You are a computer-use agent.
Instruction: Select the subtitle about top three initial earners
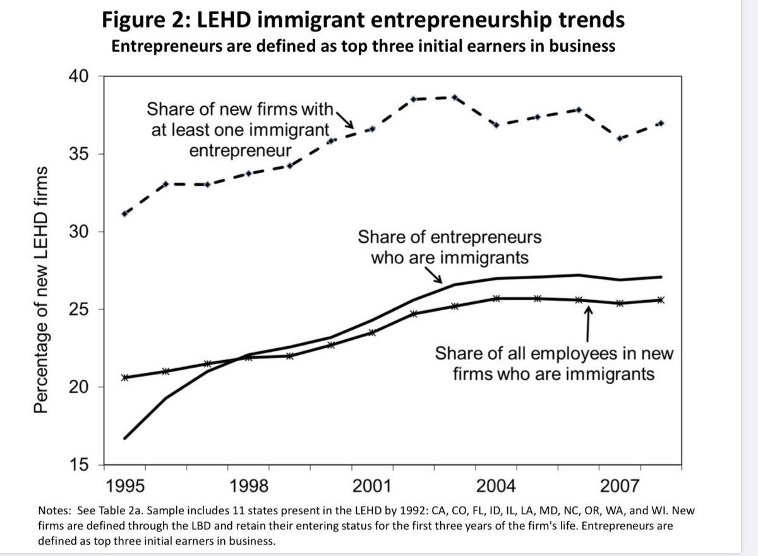(363, 46)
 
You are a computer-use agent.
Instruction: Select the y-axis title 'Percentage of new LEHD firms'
(41, 291)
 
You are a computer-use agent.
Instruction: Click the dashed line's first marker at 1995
(125, 214)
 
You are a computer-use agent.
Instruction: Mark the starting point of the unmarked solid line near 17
(125, 438)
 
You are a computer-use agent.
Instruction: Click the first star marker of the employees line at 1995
(125, 377)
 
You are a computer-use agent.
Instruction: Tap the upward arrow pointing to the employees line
(589, 322)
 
